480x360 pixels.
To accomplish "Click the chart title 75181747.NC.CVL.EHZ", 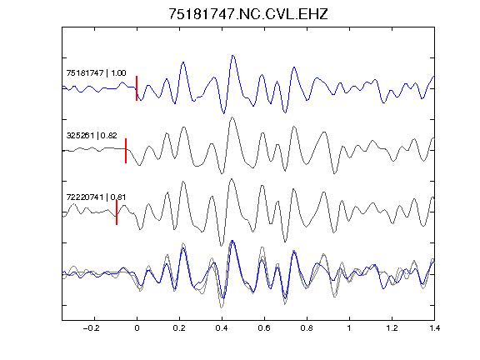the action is point(248,14).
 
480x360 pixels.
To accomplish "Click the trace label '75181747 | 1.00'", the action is point(96,73).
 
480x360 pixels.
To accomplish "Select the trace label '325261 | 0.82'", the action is point(92,135).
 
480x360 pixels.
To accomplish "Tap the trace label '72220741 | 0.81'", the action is point(96,197).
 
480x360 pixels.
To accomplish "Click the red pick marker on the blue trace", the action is point(137,88).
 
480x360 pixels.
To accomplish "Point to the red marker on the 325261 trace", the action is point(126,151).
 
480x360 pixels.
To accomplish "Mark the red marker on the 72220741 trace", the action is point(117,212).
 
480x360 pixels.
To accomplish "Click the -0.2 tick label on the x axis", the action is point(92,328).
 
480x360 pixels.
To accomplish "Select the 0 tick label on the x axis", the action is point(137,328).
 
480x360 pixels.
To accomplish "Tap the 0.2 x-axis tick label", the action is point(179,328).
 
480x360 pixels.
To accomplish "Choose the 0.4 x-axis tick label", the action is point(222,328).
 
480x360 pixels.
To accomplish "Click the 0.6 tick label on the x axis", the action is point(264,328).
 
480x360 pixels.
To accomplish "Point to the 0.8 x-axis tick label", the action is point(307,328).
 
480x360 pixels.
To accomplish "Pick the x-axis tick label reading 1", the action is point(349,328).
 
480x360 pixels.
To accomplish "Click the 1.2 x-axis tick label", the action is point(392,328).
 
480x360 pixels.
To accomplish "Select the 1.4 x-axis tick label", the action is point(434,328).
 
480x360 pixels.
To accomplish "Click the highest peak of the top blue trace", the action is point(233,55).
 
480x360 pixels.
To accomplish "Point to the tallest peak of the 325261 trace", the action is point(232,117).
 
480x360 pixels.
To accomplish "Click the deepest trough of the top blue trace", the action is point(224,113).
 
